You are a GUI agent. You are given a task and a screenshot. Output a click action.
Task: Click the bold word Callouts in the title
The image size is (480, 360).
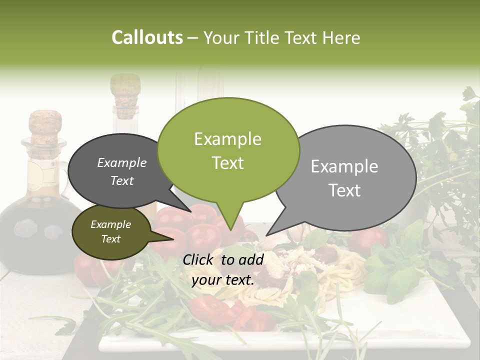click(147, 37)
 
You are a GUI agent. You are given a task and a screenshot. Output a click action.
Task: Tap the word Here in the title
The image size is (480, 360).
click(342, 37)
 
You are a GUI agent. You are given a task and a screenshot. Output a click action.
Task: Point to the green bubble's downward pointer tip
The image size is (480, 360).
click(230, 230)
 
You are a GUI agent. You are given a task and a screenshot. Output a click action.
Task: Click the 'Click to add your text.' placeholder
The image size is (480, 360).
click(223, 269)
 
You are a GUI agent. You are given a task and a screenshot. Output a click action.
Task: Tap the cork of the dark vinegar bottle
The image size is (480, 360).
click(45, 127)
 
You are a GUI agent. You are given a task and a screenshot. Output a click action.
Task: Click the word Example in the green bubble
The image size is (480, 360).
click(227, 139)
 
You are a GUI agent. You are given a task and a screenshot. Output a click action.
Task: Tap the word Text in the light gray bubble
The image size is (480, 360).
click(344, 190)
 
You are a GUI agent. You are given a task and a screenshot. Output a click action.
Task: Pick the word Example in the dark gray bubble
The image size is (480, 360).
click(121, 163)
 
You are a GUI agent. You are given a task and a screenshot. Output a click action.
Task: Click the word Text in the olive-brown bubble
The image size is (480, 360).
click(110, 239)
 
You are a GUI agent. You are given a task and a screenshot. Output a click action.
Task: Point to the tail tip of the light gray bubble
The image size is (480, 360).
click(266, 235)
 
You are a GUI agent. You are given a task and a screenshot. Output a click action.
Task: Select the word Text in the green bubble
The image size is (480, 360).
click(227, 163)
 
